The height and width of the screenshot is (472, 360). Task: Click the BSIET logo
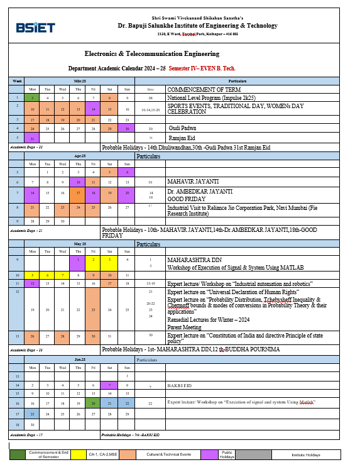click(x=36, y=28)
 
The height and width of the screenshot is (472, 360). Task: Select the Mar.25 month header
click(x=80, y=82)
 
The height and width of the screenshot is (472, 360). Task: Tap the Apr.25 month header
click(x=80, y=155)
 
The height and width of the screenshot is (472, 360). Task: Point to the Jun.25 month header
click(x=80, y=359)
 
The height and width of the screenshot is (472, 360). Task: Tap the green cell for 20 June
click(x=93, y=402)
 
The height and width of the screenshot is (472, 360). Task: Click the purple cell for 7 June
click(x=109, y=385)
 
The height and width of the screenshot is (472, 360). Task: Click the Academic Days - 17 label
click(x=26, y=434)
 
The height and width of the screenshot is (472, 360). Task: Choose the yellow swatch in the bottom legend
click(x=79, y=454)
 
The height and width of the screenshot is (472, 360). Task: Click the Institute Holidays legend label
click(x=306, y=454)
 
